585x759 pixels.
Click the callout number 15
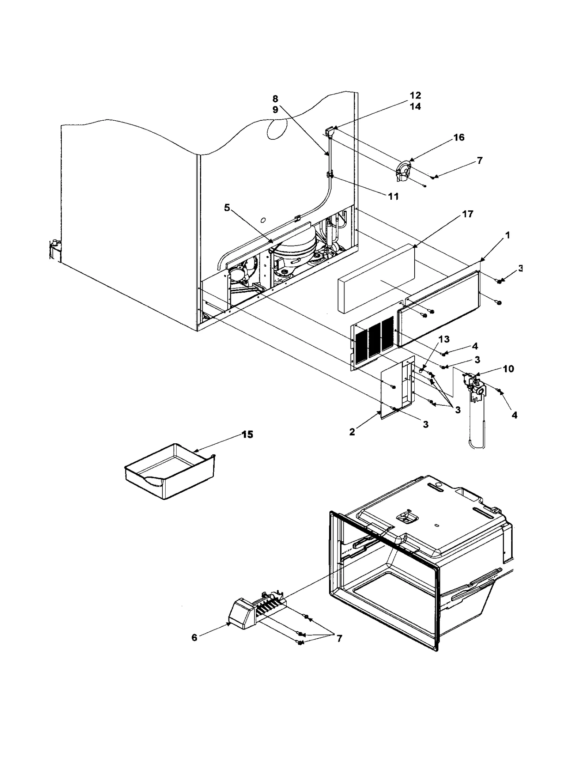pos(248,435)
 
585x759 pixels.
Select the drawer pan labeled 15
pos(170,472)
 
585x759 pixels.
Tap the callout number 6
pos(194,638)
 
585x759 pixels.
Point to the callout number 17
pos(468,214)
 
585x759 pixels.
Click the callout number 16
pos(459,138)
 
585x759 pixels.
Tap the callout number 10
pos(508,369)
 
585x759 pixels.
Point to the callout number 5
pos(227,208)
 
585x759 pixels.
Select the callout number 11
pos(393,196)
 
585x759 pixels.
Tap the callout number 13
pos(444,339)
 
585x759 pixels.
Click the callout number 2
pos(352,432)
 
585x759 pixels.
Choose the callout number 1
pos(507,235)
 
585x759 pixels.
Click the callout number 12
pos(415,95)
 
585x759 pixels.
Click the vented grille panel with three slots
pos(373,340)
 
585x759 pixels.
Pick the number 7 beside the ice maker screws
pos(339,639)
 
